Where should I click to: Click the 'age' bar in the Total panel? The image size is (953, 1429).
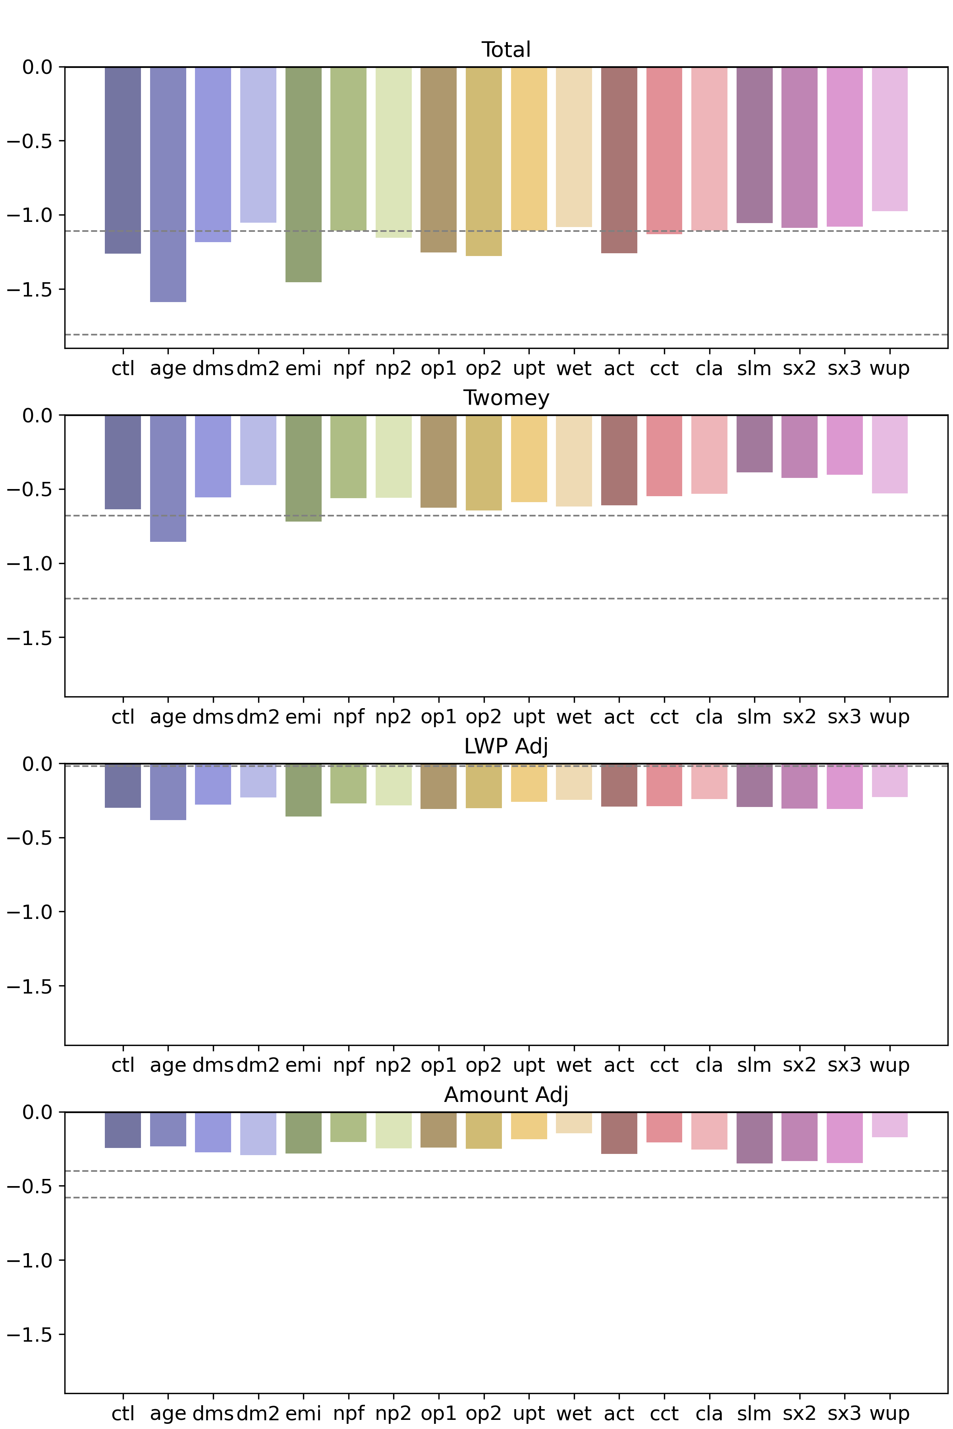pyautogui.click(x=168, y=184)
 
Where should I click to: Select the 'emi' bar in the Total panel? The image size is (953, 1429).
pyautogui.click(x=303, y=174)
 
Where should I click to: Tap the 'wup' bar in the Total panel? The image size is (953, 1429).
pyautogui.click(x=890, y=139)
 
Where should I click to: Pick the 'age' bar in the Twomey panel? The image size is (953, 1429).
pyautogui.click(x=168, y=478)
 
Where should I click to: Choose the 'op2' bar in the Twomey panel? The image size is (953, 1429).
pyautogui.click(x=484, y=462)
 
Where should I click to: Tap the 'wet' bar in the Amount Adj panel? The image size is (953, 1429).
pyautogui.click(x=574, y=1123)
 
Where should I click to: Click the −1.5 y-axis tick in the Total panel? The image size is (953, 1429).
pyautogui.click(x=30, y=289)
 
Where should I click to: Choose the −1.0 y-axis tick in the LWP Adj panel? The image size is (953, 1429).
pyautogui.click(x=30, y=912)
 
